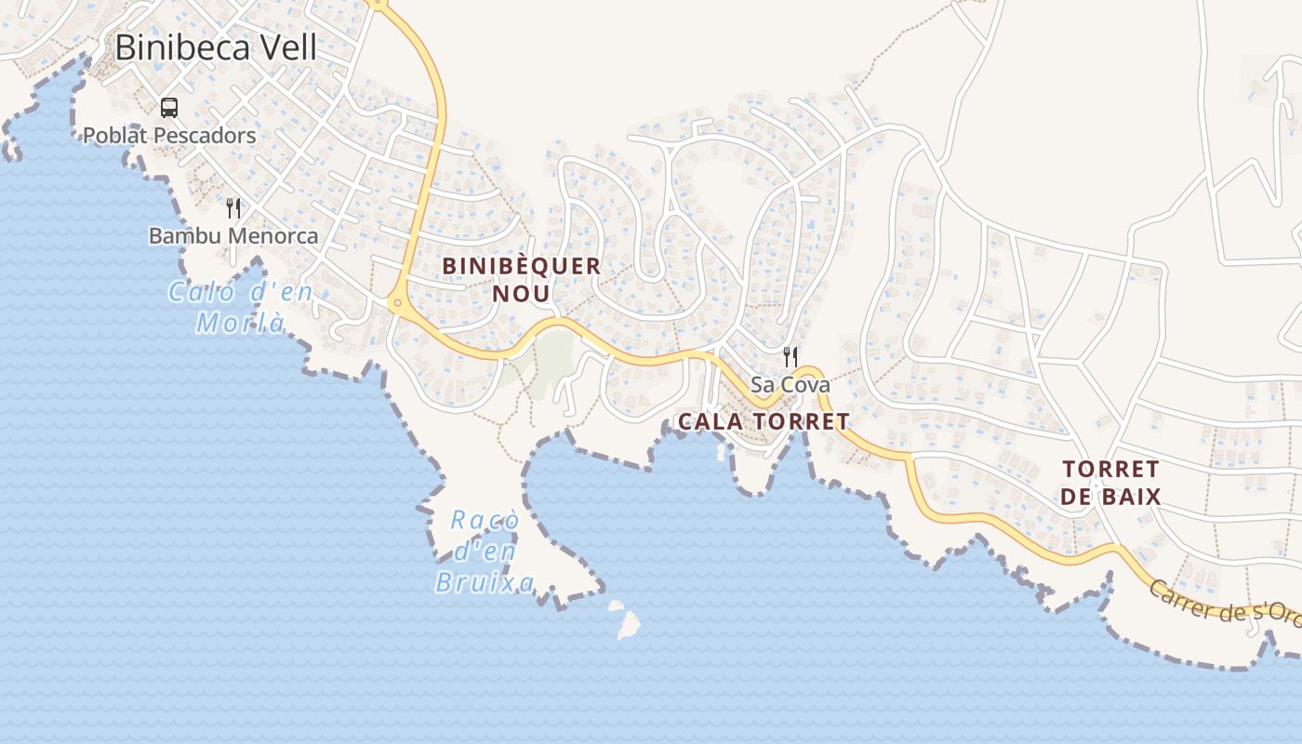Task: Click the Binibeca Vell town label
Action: [x=216, y=47]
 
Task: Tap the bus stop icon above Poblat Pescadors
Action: [x=168, y=108]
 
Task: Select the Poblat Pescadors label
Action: [x=169, y=136]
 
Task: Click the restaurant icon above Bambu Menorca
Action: [x=233, y=208]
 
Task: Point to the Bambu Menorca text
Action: [x=233, y=236]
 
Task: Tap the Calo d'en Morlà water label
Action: [x=240, y=308]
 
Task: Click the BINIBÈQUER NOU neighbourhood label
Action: [x=521, y=279]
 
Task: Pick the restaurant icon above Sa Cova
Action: [x=790, y=355]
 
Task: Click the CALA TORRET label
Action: [x=763, y=421]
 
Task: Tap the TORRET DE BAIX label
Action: [x=1110, y=483]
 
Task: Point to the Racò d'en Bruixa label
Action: [x=485, y=551]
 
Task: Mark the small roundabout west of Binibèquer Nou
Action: [x=397, y=302]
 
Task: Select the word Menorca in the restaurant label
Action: [x=275, y=236]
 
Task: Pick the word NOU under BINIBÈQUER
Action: [x=521, y=294]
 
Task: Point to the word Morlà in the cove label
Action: [x=240, y=323]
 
